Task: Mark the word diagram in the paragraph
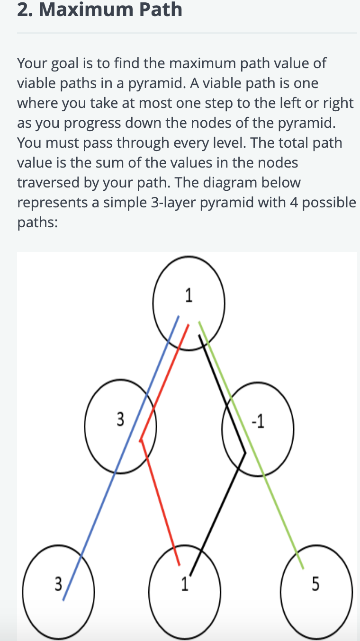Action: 236,183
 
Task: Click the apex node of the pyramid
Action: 189,303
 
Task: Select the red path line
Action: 161,502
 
